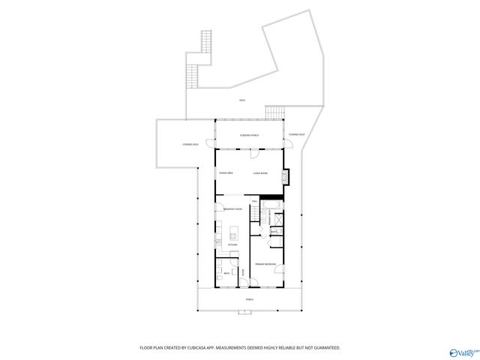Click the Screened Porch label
(x=250, y=135)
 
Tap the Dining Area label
(x=226, y=173)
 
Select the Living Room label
(x=260, y=173)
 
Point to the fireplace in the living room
(x=284, y=178)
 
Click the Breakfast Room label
(x=232, y=208)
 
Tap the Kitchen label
(x=232, y=244)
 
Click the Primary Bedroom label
(x=265, y=264)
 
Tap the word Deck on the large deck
(x=242, y=100)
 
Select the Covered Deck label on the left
(x=190, y=144)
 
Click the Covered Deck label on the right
(x=296, y=135)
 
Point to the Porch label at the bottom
(x=249, y=299)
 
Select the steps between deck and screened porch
(x=274, y=112)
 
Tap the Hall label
(x=255, y=202)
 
